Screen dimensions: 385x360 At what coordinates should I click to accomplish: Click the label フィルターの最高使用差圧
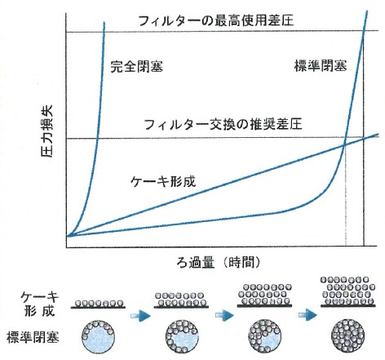216,20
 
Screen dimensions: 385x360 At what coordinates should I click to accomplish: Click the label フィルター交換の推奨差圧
223,124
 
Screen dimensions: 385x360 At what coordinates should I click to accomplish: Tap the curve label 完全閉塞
136,66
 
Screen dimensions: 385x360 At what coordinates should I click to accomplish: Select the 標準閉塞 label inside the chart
321,65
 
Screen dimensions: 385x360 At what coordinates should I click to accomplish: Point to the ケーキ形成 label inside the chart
163,181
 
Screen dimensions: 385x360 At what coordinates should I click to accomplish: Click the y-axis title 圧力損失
46,131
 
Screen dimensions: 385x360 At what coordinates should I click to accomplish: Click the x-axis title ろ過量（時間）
219,263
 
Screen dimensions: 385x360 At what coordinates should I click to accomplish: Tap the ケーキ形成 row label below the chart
40,304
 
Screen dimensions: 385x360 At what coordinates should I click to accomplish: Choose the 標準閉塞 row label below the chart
33,337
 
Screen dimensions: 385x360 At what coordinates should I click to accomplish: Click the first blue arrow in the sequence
140,316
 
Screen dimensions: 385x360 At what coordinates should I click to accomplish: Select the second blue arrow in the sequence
224,315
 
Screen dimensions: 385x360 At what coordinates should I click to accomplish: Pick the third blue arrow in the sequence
308,315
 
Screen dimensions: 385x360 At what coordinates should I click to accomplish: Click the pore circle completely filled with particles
348,336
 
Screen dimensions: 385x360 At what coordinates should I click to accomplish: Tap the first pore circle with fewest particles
98,336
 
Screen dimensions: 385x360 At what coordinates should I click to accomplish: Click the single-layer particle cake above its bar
99,303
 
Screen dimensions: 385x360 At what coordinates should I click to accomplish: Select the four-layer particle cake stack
348,290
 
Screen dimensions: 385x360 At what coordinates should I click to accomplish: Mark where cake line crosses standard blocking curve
344,145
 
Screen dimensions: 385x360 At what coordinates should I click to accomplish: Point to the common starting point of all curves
68,236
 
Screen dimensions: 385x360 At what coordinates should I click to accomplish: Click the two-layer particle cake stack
180,299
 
